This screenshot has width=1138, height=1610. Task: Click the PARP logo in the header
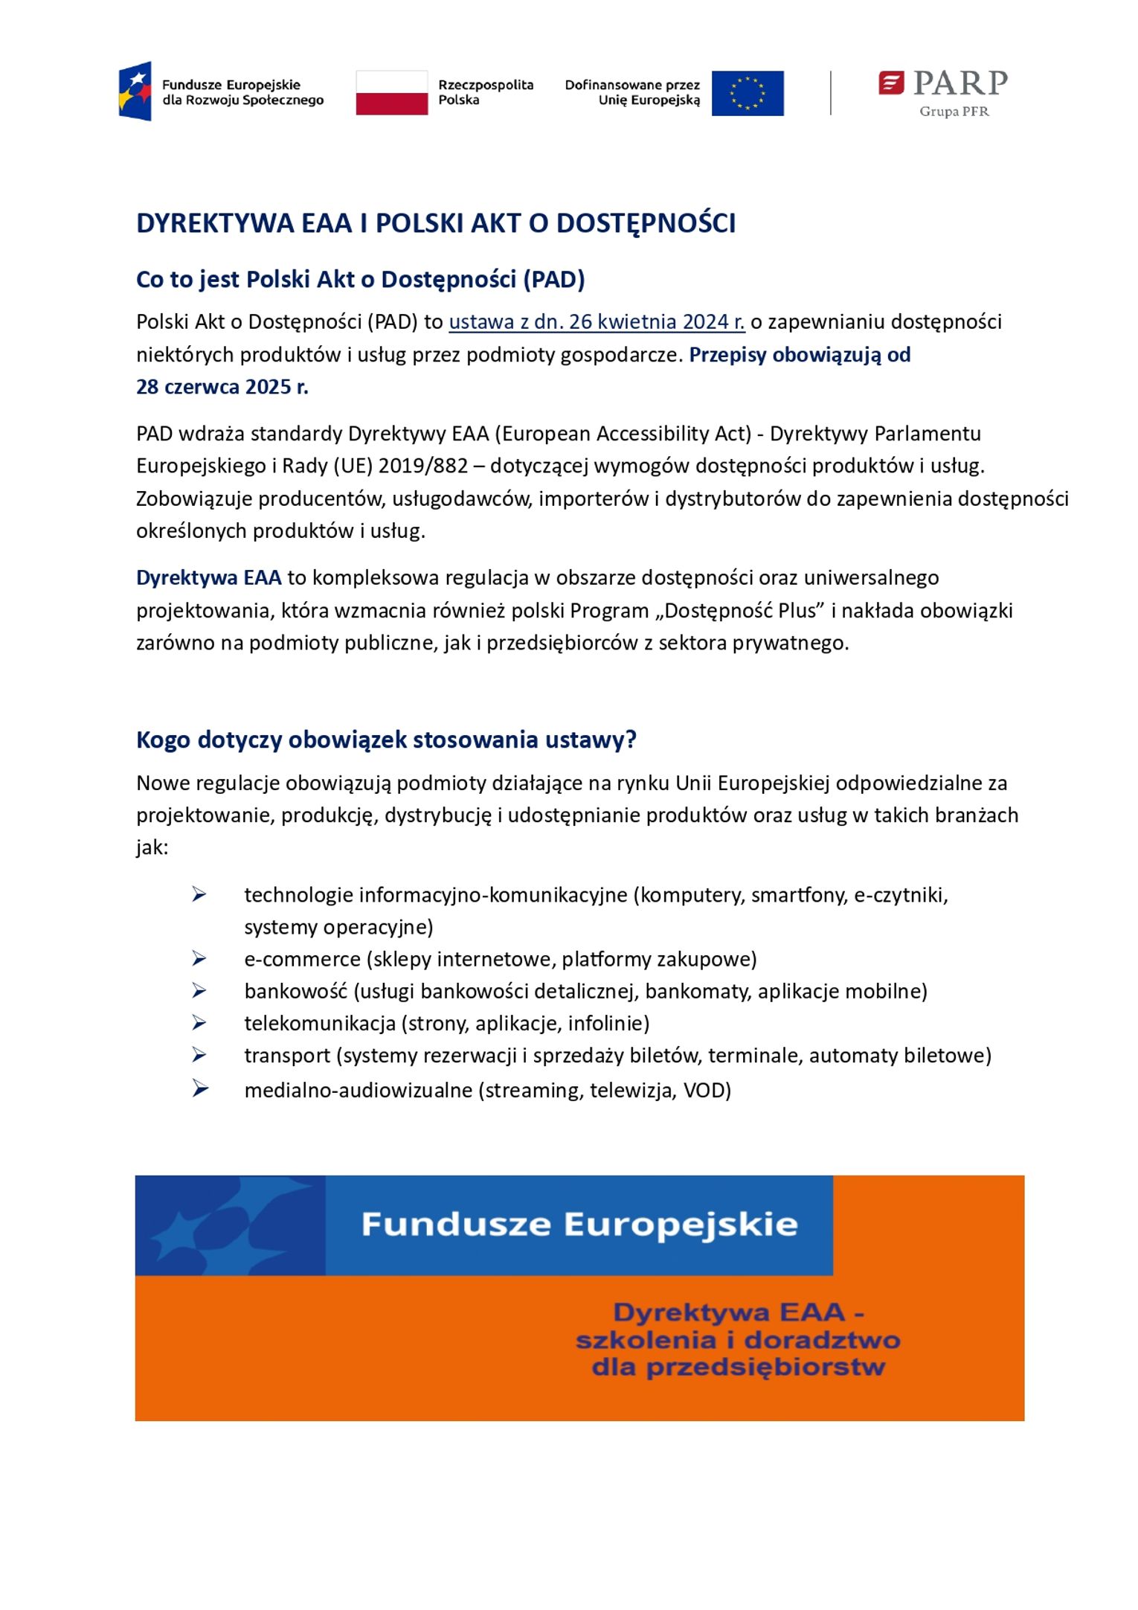click(x=942, y=83)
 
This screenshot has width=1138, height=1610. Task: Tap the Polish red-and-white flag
click(x=391, y=93)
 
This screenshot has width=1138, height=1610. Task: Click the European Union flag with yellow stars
click(x=747, y=93)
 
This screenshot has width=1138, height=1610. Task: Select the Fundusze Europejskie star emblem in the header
click(x=135, y=92)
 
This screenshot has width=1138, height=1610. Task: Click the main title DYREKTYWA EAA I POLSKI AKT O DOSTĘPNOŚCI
click(x=436, y=223)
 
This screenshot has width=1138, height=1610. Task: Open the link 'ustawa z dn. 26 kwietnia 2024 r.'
click(x=597, y=322)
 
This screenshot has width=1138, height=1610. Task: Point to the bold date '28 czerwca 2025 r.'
click(x=222, y=387)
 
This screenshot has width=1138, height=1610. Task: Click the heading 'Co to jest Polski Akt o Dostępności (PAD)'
click(x=360, y=280)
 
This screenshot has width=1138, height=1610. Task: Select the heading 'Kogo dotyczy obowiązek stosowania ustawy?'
click(x=386, y=740)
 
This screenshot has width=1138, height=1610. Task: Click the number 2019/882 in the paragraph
click(x=423, y=466)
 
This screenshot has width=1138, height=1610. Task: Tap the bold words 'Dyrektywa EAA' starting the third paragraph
click(x=208, y=577)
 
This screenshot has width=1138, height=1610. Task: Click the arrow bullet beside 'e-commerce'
click(x=199, y=958)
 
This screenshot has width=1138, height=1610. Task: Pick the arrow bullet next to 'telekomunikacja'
click(x=199, y=1023)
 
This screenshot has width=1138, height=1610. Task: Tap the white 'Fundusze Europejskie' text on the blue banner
click(x=579, y=1224)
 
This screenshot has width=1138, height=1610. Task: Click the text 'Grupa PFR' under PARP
click(x=954, y=112)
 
